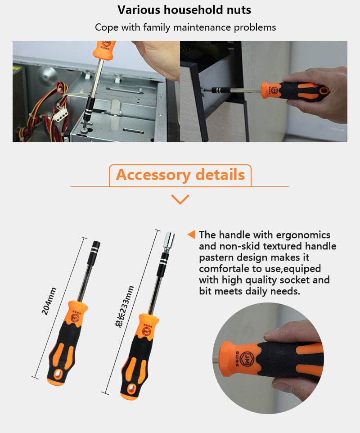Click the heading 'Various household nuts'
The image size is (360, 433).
pyautogui.click(x=184, y=9)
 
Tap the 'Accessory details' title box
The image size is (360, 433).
pyautogui.click(x=180, y=175)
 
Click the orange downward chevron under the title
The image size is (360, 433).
pyautogui.click(x=180, y=199)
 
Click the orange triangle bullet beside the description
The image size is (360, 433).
pyautogui.click(x=191, y=235)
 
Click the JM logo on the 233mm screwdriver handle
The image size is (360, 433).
pyautogui.click(x=145, y=331)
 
